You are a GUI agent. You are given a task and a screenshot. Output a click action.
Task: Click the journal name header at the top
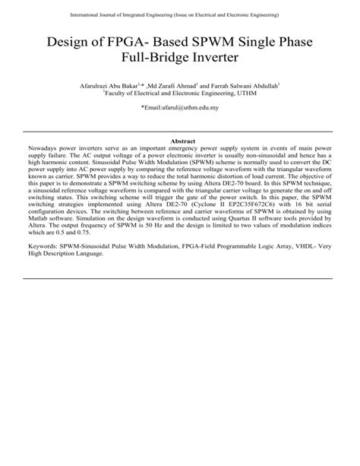(179, 15)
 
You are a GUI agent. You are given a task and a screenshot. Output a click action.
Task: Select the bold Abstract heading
(180, 142)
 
